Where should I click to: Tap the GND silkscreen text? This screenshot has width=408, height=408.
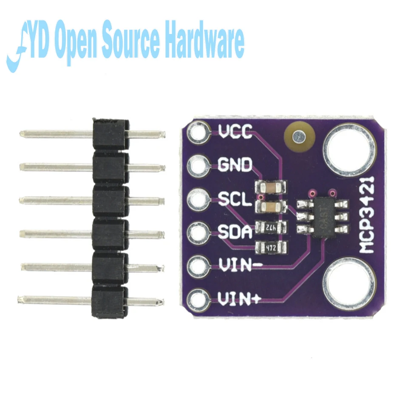(235, 164)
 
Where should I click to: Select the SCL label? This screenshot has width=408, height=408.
(235, 199)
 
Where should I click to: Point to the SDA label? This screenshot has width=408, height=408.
(235, 232)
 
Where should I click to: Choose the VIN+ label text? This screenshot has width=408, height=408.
(240, 299)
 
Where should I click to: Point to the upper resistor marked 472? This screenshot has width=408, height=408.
(271, 228)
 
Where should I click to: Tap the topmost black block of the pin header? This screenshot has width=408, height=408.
(110, 133)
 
